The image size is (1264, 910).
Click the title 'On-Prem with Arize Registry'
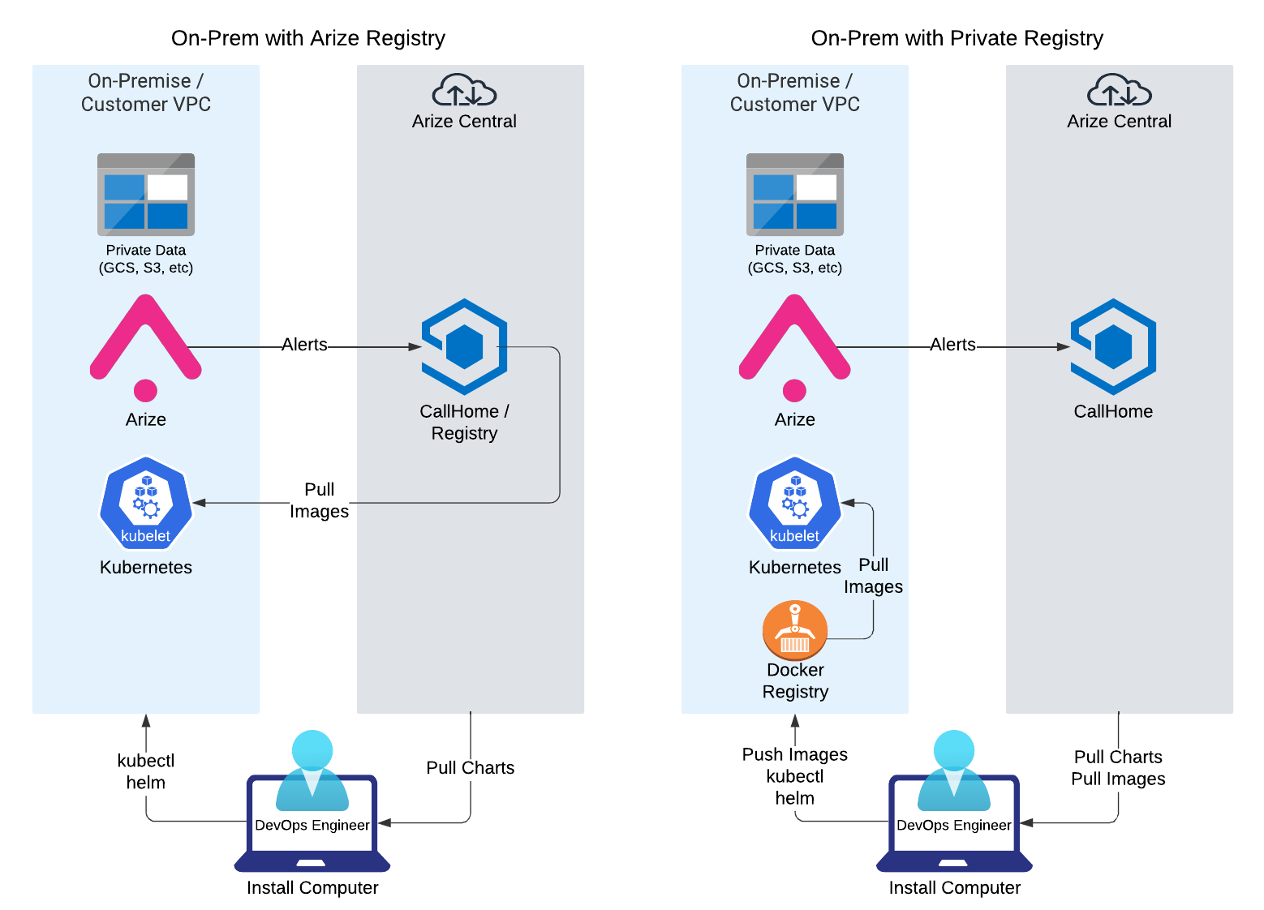tap(307, 38)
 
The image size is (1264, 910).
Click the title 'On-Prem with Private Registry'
tap(957, 38)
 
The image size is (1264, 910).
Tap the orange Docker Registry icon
tap(795, 630)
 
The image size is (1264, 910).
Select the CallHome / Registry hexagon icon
tap(464, 346)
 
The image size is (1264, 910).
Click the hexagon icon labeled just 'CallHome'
tap(1113, 346)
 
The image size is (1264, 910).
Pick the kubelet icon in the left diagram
tap(146, 503)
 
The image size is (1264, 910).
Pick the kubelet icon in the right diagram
tap(795, 503)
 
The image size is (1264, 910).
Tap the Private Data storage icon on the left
tap(146, 195)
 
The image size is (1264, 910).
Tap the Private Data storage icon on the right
tap(795, 195)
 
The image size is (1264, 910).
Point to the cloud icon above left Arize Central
tap(464, 91)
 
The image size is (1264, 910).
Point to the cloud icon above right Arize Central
tap(1119, 91)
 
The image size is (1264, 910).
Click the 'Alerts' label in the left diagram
tap(304, 345)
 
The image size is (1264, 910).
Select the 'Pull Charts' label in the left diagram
tap(471, 767)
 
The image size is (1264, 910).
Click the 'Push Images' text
tap(795, 754)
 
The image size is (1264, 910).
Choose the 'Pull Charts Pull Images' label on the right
tap(1118, 767)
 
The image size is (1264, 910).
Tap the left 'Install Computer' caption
tap(312, 887)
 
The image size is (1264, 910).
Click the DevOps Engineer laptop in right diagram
tap(954, 819)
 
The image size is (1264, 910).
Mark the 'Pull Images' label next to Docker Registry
tap(873, 576)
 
